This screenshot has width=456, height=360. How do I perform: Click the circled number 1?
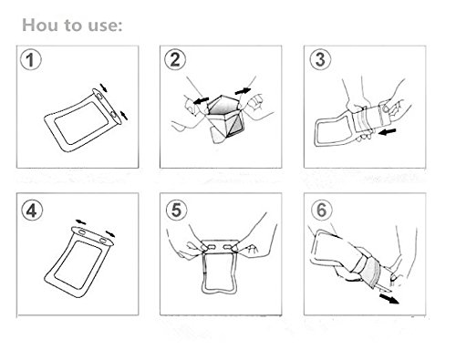pyautogui.click(x=30, y=60)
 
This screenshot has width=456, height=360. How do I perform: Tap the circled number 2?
pyautogui.click(x=175, y=59)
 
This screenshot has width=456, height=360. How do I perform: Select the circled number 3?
pyautogui.click(x=320, y=59)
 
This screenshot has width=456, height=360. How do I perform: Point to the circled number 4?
pyautogui.click(x=32, y=211)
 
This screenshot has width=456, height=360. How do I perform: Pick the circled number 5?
pyautogui.click(x=177, y=211)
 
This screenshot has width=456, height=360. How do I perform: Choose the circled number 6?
pyautogui.click(x=322, y=211)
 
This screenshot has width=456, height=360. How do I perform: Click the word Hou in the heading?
pyautogui.click(x=40, y=25)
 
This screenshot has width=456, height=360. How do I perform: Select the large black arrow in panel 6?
pyautogui.click(x=389, y=298)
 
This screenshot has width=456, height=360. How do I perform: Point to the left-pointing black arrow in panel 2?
pyautogui.click(x=201, y=100)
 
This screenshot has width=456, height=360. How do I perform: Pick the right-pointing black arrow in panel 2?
pyautogui.click(x=243, y=91)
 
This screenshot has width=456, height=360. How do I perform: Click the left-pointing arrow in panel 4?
pyautogui.click(x=81, y=221)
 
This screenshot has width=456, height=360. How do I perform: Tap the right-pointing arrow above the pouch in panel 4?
pyautogui.click(x=110, y=233)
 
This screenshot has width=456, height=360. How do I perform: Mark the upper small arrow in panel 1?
pyautogui.click(x=104, y=87)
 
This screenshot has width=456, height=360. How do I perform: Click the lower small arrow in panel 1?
pyautogui.click(x=124, y=115)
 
